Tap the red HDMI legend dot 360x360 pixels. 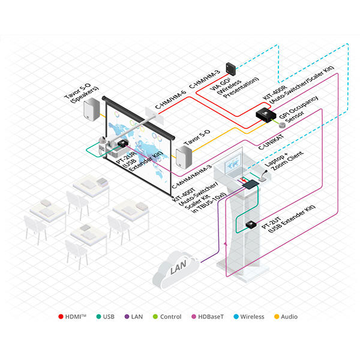pyautogui.click(x=62, y=317)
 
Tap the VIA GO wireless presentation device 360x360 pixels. pyautogui.click(x=231, y=68)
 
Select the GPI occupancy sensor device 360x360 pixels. pyautogui.click(x=281, y=123)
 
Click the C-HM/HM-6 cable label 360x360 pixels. pyautogui.click(x=167, y=97)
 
